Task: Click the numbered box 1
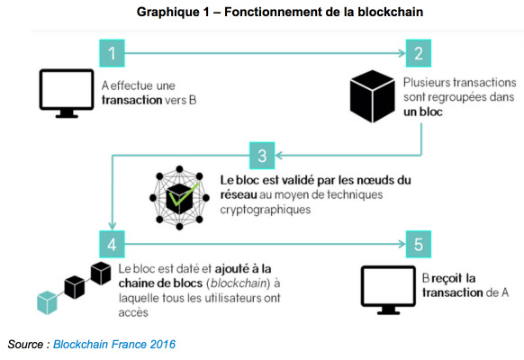112,53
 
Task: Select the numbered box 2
419,53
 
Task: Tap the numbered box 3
262,156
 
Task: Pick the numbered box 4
112,244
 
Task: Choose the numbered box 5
419,244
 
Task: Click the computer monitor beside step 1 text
67,94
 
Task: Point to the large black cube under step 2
372,96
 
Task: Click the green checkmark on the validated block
184,194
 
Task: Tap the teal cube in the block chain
47,302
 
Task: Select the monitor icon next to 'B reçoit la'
388,290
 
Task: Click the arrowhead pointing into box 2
402,53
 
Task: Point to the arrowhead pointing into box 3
279,156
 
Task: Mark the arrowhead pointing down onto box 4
113,225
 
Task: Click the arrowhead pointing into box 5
402,244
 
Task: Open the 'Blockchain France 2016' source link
114,345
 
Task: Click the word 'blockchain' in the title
391,12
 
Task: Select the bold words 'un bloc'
423,112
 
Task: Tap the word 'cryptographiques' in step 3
266,210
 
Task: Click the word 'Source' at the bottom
26,345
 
